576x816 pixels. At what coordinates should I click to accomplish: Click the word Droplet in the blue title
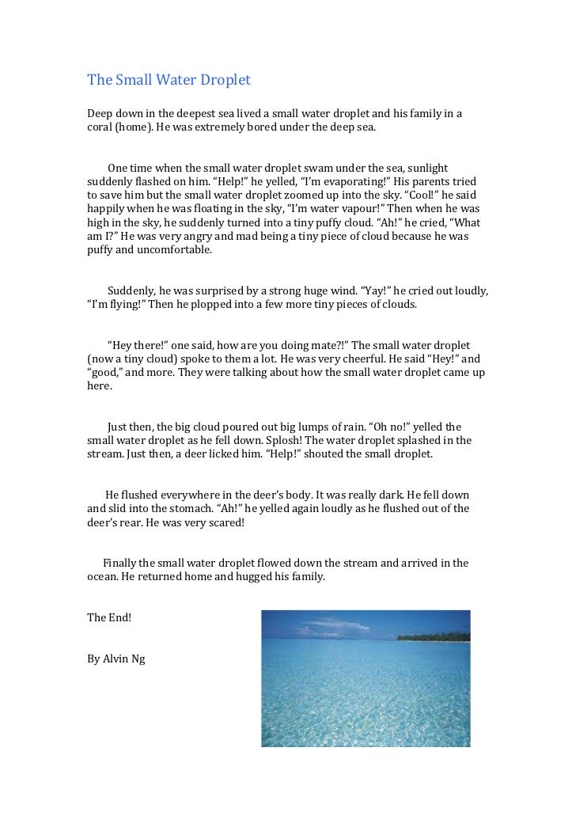point(225,80)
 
